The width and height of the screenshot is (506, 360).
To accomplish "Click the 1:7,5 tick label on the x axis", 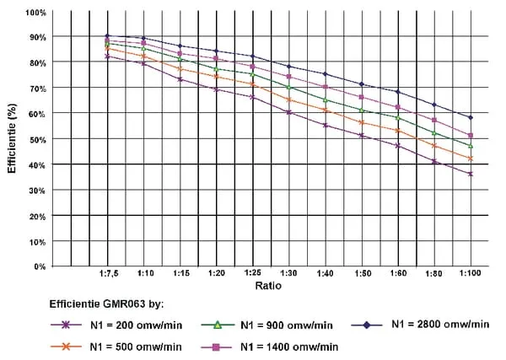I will pos(107,274).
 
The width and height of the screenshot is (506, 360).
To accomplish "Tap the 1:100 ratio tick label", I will pos(471,274).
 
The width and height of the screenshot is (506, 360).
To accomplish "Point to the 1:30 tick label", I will pos(288,274).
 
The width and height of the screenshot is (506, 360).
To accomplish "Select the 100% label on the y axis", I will pos(35,13).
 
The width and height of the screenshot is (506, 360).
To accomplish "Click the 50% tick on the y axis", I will pos(37,139).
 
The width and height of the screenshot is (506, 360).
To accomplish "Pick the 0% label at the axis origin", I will pos(40,266).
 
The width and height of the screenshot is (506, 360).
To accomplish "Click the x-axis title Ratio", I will pos(269,287).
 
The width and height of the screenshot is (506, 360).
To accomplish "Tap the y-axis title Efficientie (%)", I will pos(13,139).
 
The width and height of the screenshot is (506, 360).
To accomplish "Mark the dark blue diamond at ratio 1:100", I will pos(471,117).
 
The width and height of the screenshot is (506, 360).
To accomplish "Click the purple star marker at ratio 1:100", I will pos(471,174).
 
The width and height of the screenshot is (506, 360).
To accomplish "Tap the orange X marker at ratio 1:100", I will pos(471,159).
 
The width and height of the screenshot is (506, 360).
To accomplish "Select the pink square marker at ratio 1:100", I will pos(471,136).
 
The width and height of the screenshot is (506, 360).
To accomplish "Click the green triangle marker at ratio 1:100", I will pos(471,146).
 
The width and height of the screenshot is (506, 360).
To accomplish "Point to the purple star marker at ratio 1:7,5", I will pos(107,56).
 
